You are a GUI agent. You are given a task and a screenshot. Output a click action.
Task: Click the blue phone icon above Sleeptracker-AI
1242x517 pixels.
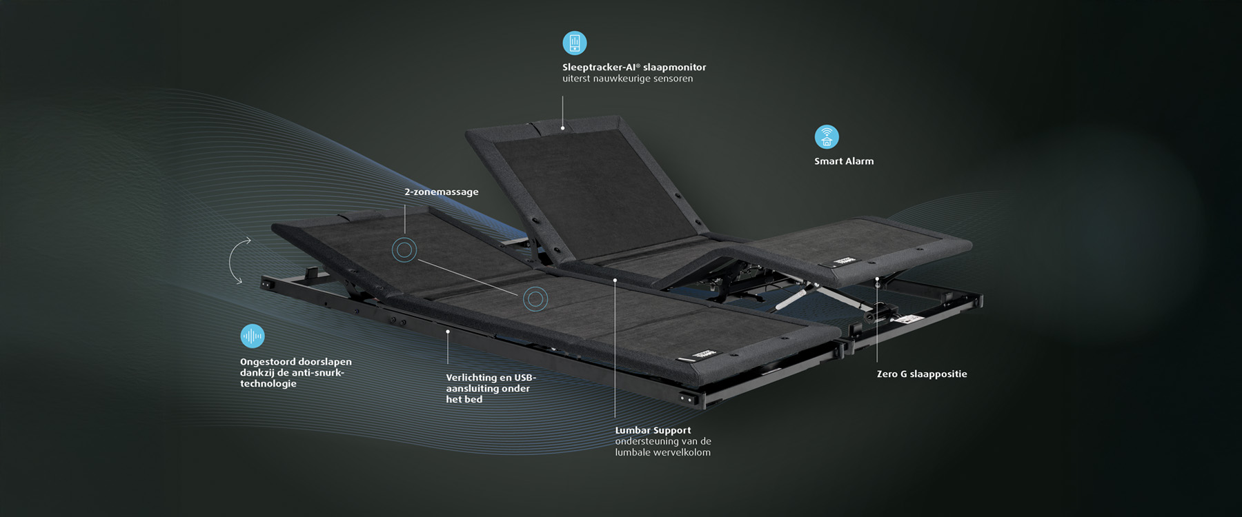pos(574,43)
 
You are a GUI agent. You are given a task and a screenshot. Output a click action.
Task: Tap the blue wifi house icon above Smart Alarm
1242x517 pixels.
pos(826,136)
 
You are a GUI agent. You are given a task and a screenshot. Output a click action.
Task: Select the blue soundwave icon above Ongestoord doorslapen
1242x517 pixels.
pos(253,336)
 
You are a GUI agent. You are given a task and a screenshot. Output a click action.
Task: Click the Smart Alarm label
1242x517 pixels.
pos(843,161)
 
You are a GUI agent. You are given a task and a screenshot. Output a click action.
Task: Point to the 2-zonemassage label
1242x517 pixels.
pos(441,192)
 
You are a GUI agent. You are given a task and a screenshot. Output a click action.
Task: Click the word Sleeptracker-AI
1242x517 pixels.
pos(598,67)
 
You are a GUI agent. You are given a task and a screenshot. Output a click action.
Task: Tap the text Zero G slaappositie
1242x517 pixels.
pos(921,374)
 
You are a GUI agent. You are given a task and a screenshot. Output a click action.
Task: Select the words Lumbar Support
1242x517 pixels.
pos(652,430)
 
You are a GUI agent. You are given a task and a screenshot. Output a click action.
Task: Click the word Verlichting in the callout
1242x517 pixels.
pos(471,378)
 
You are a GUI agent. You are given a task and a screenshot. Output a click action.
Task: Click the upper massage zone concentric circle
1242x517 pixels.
pos(404,250)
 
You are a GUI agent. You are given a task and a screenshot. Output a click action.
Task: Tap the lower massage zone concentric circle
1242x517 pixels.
pos(535,298)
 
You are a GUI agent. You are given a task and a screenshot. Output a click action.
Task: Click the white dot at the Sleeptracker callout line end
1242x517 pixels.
pos(562,128)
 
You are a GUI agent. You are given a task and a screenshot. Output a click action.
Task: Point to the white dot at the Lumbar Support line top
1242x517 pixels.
pos(615,281)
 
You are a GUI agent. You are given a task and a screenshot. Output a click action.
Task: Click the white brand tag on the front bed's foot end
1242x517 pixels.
pos(704,354)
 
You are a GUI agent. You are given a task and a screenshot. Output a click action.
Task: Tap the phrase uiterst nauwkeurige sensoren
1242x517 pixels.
pos(627,79)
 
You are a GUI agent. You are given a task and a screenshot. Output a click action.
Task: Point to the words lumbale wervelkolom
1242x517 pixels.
pos(662,452)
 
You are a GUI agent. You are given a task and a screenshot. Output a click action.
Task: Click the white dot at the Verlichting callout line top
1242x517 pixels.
pos(447,332)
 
